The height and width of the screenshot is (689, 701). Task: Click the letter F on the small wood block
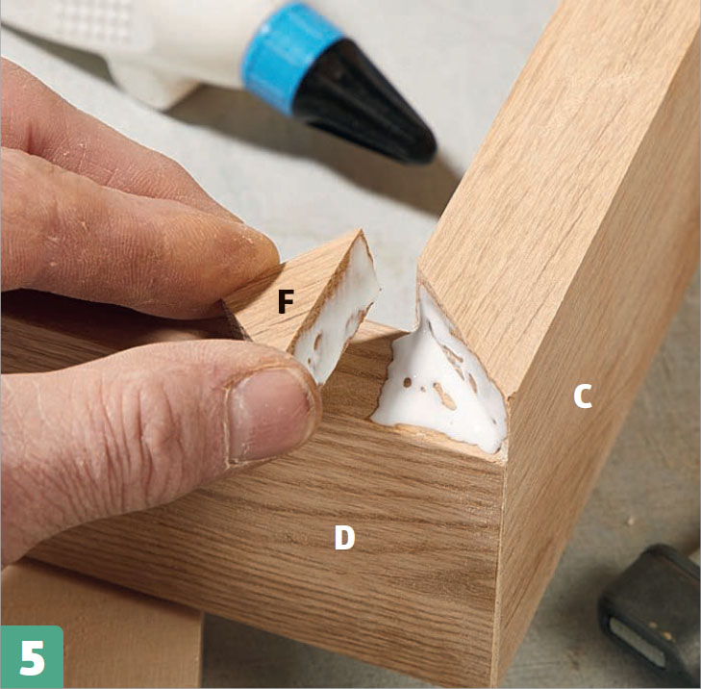[x=286, y=301]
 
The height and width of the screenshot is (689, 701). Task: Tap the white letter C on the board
[x=583, y=396]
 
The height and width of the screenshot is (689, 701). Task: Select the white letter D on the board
[x=344, y=537]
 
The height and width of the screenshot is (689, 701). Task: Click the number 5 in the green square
[x=32, y=657]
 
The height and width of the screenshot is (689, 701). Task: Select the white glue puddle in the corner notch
[x=440, y=380]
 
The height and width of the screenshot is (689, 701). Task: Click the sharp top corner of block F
[x=361, y=231]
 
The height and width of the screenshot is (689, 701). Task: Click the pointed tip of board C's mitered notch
[x=419, y=274]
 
